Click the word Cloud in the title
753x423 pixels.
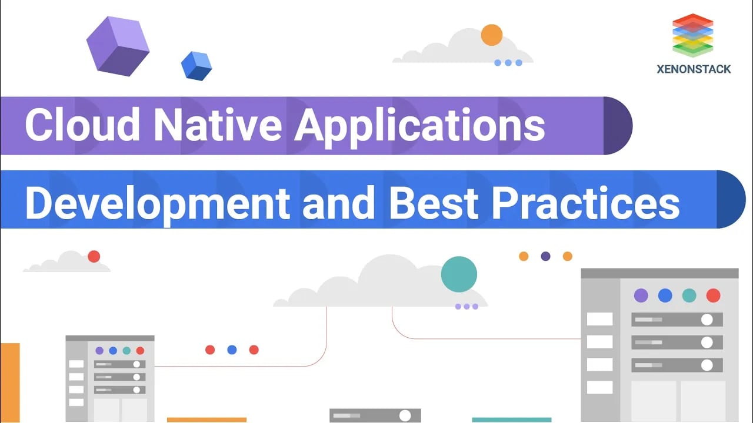[82, 124]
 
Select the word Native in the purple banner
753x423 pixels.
[218, 124]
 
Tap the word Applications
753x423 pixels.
[419, 127]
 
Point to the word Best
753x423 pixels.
[434, 203]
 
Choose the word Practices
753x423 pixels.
[585, 203]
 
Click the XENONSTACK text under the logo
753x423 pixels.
[694, 69]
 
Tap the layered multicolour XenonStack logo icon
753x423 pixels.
[693, 35]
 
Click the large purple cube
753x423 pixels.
[118, 46]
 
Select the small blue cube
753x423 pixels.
[196, 66]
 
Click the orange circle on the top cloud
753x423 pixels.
[491, 35]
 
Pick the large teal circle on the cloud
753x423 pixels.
[459, 274]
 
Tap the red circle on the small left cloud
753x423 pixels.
[94, 257]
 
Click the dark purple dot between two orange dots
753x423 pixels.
[545, 257]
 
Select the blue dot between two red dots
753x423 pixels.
[232, 350]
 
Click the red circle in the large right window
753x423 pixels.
[714, 296]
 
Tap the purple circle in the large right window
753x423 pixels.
[641, 296]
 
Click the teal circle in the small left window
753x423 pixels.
[126, 351]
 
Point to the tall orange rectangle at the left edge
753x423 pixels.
[10, 382]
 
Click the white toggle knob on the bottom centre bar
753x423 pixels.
[405, 415]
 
